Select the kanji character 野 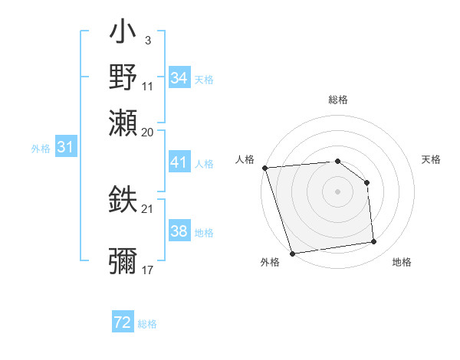click(123, 77)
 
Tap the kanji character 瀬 click(123, 121)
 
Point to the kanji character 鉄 click(123, 199)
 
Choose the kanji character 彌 click(123, 261)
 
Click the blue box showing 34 click(179, 78)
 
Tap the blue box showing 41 click(179, 162)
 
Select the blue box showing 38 click(179, 231)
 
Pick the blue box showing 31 click(65, 147)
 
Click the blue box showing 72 click(123, 322)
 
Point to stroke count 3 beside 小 click(147, 39)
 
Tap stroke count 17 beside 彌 click(147, 270)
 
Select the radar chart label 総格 click(337, 100)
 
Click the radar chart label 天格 click(431, 159)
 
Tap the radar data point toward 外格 click(292, 254)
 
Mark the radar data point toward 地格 click(373, 242)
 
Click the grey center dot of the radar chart click(337, 191)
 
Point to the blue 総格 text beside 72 click(147, 324)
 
